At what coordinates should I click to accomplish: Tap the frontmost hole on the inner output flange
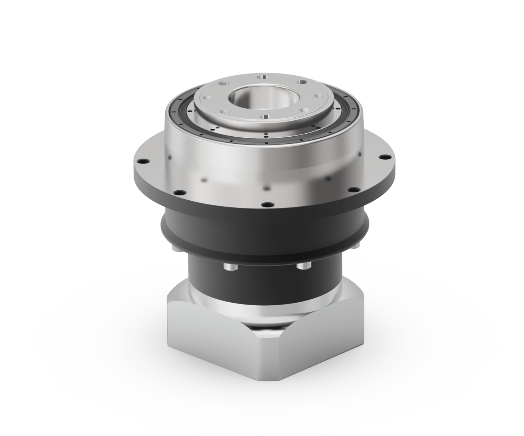point(265,116)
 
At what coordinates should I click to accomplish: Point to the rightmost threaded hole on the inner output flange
point(319,96)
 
